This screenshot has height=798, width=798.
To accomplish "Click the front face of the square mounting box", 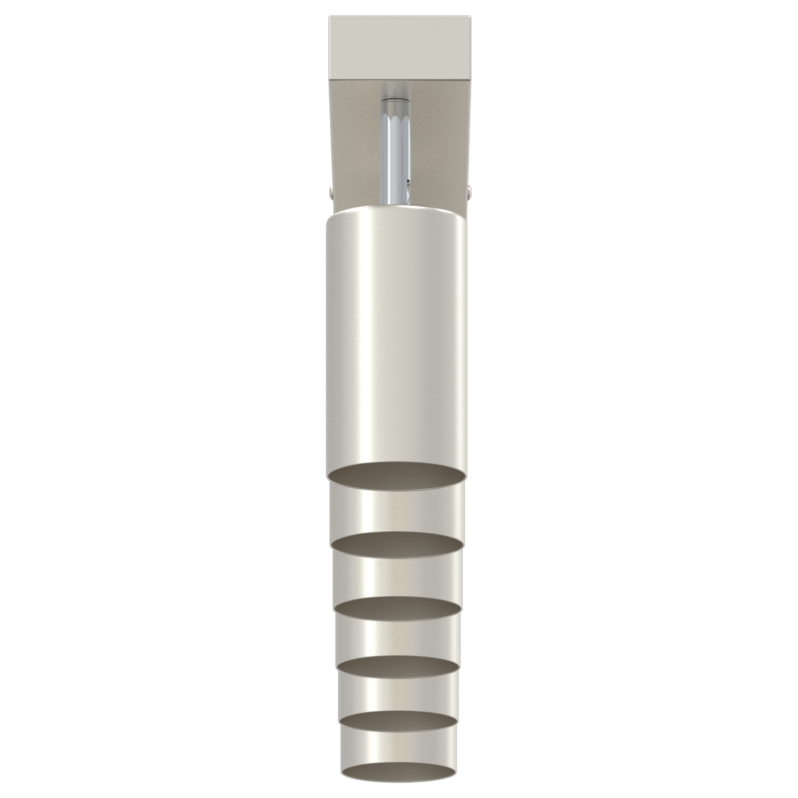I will [399, 48].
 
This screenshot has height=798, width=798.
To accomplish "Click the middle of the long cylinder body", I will [397, 339].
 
